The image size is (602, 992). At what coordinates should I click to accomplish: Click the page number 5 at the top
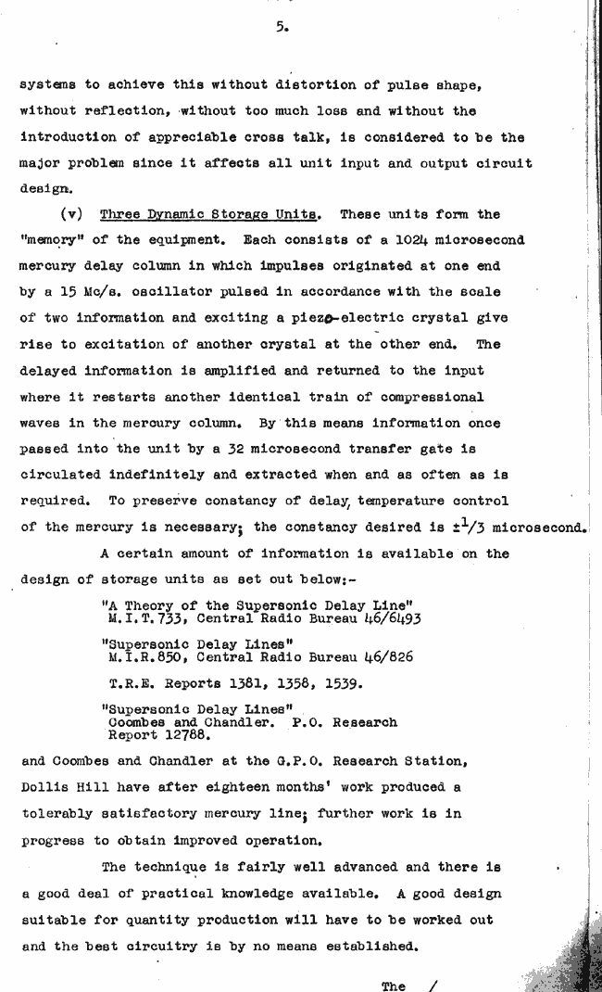(x=279, y=28)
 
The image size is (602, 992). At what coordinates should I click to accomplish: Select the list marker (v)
(x=71, y=214)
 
